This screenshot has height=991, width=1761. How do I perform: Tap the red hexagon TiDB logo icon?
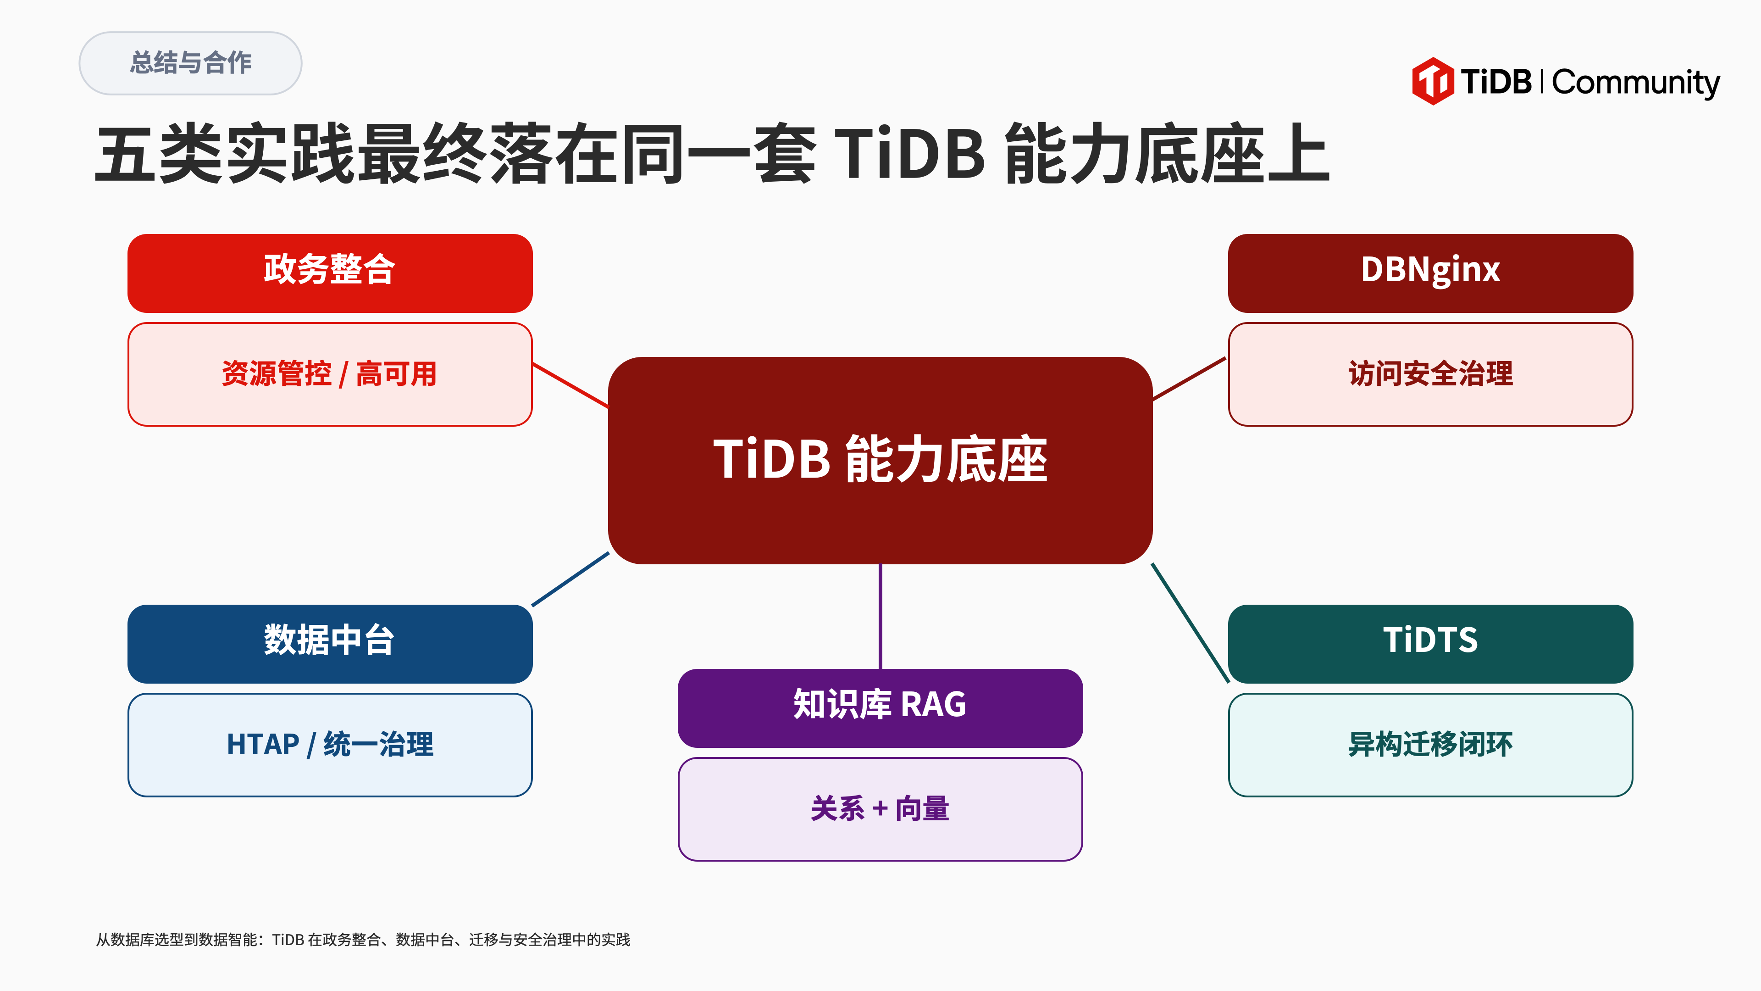(1432, 81)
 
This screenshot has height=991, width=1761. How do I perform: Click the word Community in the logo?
(1635, 83)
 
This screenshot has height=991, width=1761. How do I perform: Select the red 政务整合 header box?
(330, 273)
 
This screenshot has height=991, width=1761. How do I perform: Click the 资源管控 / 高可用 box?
(330, 374)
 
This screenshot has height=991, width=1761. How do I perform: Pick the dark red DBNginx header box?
(1430, 273)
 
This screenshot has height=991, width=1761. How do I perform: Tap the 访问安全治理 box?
(1430, 374)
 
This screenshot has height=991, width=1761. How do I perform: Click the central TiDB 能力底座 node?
(880, 460)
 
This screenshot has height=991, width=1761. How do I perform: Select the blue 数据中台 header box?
(330, 644)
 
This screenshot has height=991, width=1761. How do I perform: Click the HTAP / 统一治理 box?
(330, 745)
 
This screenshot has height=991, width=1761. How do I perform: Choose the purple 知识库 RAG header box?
(880, 708)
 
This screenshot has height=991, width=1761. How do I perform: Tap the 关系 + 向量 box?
(880, 809)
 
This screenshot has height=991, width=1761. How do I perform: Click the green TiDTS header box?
(1430, 644)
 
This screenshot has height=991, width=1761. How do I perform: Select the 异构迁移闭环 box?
(1430, 745)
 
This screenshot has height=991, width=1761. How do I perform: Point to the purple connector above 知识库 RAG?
(880, 616)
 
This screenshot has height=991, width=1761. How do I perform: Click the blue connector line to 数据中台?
(570, 579)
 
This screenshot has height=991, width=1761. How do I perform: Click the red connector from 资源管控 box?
(570, 385)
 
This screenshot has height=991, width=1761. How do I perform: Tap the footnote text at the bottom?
(363, 940)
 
